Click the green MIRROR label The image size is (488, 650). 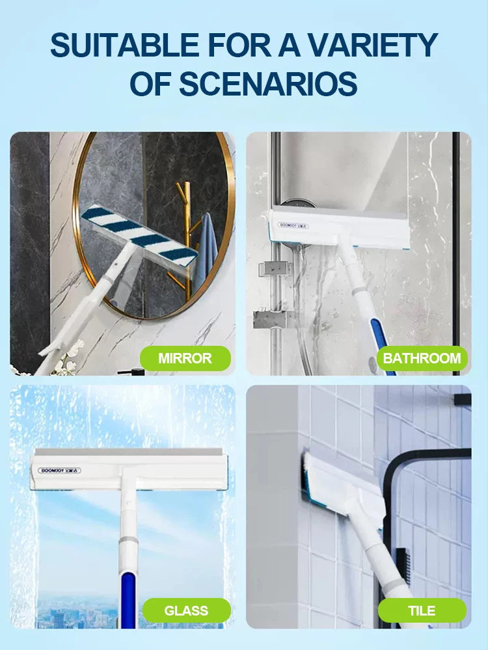click(x=185, y=358)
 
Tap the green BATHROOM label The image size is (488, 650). click(x=422, y=358)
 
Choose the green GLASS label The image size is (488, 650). click(x=186, y=610)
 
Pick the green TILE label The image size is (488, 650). click(x=422, y=610)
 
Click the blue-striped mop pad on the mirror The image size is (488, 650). click(x=139, y=235)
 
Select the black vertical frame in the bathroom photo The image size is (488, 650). click(x=456, y=253)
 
